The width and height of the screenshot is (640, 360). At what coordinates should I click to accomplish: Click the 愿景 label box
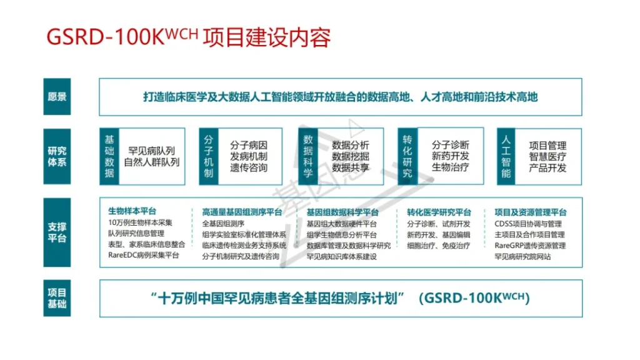pos(57,97)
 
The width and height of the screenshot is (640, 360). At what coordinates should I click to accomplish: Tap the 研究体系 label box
pos(57,157)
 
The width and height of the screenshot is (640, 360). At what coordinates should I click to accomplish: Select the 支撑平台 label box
pos(57,232)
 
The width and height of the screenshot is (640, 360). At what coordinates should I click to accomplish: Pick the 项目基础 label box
pos(57,298)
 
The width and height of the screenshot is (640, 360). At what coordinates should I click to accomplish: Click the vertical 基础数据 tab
pos(109,157)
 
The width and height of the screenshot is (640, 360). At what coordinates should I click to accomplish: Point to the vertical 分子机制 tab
pos(209,157)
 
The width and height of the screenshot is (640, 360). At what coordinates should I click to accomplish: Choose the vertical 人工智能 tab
pos(506,157)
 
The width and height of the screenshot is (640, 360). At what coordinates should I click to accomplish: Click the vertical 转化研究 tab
pos(407,157)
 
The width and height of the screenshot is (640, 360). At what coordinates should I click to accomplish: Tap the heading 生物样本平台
pos(132,211)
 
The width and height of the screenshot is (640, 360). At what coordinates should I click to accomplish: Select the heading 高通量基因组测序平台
pos(242,212)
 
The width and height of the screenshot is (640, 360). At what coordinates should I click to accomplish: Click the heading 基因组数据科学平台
pos(342,212)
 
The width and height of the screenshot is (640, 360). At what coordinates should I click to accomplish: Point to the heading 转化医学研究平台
pos(439,212)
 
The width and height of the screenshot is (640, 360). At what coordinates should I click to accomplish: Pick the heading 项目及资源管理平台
pos(531,212)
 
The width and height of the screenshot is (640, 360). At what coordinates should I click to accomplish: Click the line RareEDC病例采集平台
pos(144,255)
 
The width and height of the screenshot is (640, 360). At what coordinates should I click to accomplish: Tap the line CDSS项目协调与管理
pos(528,224)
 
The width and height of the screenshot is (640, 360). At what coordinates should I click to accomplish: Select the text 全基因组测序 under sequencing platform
pos(223,224)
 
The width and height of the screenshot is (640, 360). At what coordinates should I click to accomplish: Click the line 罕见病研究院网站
pos(523,256)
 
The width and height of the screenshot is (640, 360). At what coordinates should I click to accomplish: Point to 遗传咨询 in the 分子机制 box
pos(249,167)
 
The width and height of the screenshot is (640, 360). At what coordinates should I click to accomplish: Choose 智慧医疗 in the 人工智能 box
pos(547,157)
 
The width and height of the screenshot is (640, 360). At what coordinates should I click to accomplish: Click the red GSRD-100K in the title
pos(105,37)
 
